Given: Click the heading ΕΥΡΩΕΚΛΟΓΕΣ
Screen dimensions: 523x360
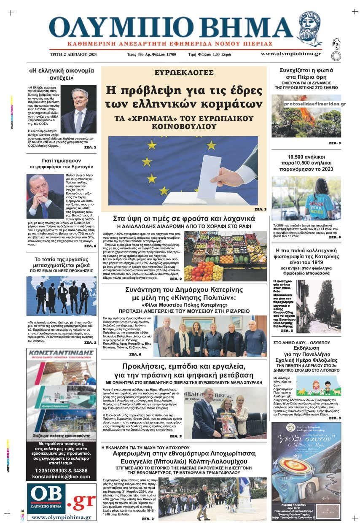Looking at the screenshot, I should coord(183,72).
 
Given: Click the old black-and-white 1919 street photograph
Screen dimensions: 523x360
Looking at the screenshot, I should coord(325,307).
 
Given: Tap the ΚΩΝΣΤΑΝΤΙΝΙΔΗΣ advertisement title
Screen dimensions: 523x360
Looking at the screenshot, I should coord(62,354).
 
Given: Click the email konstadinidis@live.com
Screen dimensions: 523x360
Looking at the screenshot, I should coord(61,476).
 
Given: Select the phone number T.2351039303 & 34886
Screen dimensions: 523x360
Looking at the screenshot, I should coord(61,470).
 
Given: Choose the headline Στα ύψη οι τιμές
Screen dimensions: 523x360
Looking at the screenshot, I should coord(183,218).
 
